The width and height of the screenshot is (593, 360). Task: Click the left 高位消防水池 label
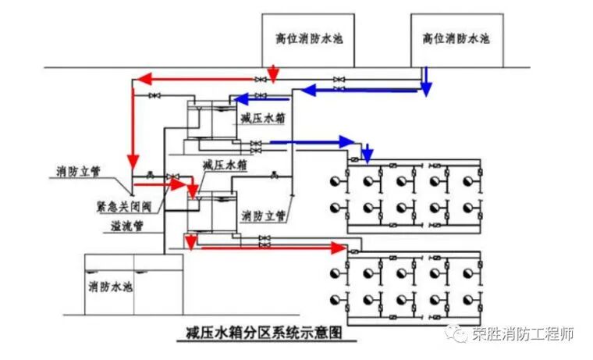(x=306, y=37)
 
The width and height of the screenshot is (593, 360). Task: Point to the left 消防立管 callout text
(x=78, y=172)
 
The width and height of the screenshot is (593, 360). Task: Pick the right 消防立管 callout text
(x=263, y=215)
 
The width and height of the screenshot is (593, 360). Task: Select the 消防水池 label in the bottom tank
(x=111, y=286)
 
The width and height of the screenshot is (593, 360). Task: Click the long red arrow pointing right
(x=273, y=248)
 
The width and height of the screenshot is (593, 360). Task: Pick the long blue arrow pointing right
(x=312, y=142)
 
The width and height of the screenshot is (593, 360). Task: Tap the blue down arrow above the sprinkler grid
(x=368, y=153)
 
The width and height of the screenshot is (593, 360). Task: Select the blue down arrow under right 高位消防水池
(x=426, y=80)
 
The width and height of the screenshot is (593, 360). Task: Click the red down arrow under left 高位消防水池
(x=272, y=74)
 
